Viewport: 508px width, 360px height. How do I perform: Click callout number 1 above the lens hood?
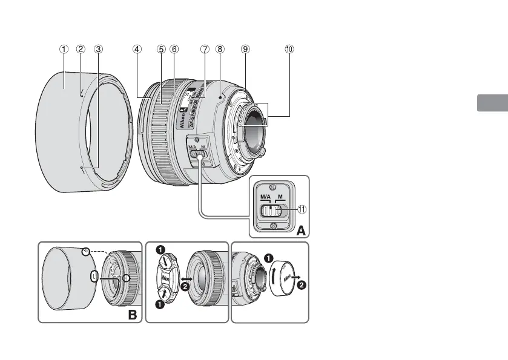[x=64, y=50]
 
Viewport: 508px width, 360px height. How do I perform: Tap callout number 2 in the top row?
[x=81, y=50]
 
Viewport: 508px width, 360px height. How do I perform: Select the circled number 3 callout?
[x=99, y=50]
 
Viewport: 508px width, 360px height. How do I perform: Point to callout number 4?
[x=138, y=50]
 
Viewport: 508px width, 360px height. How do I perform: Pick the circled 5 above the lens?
[x=160, y=50]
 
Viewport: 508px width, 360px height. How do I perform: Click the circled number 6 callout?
[x=174, y=50]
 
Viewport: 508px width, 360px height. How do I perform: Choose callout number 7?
[x=205, y=50]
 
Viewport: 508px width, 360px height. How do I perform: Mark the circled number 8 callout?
[x=219, y=50]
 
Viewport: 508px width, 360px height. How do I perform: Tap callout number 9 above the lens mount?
[x=245, y=50]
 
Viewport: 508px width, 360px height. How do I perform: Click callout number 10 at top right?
[x=289, y=50]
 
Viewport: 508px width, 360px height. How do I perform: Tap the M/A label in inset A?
[x=265, y=197]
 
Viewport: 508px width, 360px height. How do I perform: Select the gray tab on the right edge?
[x=492, y=103]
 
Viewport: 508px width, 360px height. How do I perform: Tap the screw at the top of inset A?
[x=273, y=186]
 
